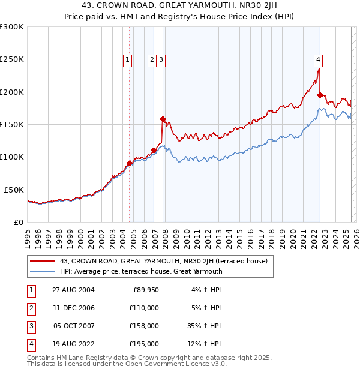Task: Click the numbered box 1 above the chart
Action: pos(128,59)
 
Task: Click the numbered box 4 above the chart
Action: pos(318,59)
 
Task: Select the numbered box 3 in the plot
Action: pos(162,59)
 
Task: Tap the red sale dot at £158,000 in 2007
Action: pos(163,119)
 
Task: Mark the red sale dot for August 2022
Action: pos(320,95)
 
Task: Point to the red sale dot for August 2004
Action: pos(129,163)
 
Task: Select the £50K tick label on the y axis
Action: pos(14,190)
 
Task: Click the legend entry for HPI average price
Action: pos(141,271)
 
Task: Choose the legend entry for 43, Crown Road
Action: pos(167,261)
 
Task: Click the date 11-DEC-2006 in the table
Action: pos(70,307)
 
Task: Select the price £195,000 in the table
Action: pos(143,344)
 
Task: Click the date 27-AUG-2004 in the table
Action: pos(70,289)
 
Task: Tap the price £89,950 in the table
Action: pos(145,289)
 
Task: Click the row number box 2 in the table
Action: pos(31,308)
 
